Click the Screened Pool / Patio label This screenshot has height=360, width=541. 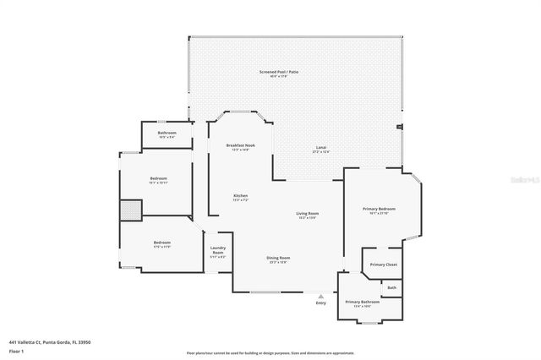pyautogui.click(x=278, y=73)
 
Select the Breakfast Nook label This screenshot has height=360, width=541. pyautogui.click(x=240, y=146)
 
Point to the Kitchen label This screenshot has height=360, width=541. pyautogui.click(x=240, y=196)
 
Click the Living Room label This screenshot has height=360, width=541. pyautogui.click(x=307, y=214)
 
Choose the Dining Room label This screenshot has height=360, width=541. pyautogui.click(x=279, y=258)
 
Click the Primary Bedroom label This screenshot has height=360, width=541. pyautogui.click(x=379, y=209)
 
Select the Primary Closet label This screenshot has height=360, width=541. pyautogui.click(x=384, y=265)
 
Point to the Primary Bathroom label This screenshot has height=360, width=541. pyautogui.click(x=361, y=302)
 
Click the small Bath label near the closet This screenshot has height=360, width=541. pyautogui.click(x=391, y=287)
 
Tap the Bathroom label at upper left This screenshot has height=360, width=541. pyautogui.click(x=167, y=133)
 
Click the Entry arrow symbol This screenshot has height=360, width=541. pyautogui.click(x=320, y=296)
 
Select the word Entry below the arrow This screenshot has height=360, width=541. pyautogui.click(x=320, y=303)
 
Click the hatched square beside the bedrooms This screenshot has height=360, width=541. pyautogui.click(x=129, y=210)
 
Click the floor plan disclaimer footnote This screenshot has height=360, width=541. pyautogui.click(x=270, y=352)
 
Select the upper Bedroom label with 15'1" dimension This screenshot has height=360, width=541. pyautogui.click(x=159, y=179)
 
